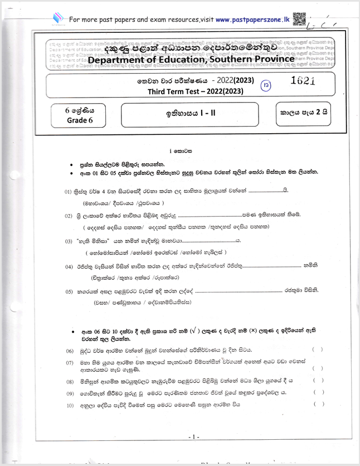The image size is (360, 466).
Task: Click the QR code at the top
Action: [298, 19]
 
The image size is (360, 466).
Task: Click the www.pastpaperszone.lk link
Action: [252, 20]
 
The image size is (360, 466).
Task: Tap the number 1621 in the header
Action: [303, 81]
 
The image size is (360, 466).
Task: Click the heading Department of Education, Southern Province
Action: [191, 59]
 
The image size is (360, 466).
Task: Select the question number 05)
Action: [69, 292]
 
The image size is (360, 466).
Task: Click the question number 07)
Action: [70, 362]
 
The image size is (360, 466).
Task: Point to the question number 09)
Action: [70, 393]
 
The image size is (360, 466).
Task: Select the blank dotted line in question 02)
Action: [209, 216]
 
